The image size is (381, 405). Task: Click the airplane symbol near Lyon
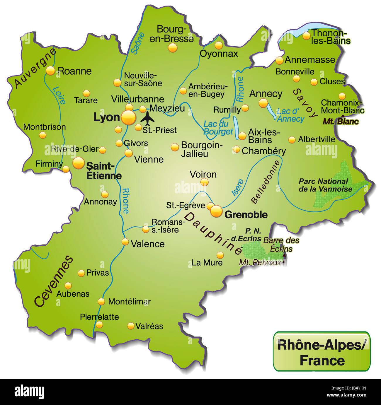click(147, 118)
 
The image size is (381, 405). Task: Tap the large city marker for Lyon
click(128, 118)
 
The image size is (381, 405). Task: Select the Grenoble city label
click(246, 215)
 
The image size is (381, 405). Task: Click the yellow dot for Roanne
click(50, 71)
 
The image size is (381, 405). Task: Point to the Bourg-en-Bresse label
click(171, 34)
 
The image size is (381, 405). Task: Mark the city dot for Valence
click(125, 242)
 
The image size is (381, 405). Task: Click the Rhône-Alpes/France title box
click(322, 352)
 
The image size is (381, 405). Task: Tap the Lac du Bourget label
click(218, 128)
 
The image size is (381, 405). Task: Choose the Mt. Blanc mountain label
click(341, 121)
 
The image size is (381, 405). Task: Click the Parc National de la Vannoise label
click(325, 185)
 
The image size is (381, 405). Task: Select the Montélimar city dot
click(101, 301)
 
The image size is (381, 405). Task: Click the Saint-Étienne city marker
click(79, 163)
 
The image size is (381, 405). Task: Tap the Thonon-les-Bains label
click(330, 37)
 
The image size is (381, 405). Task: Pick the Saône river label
click(137, 43)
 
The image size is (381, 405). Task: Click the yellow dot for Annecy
click(263, 103)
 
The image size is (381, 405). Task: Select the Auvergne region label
click(35, 68)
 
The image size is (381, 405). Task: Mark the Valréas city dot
click(131, 326)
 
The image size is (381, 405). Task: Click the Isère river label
click(237, 187)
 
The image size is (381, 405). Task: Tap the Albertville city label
click(316, 139)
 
